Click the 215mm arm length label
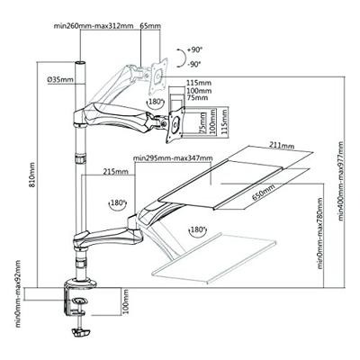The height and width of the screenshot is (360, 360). (x=113, y=170)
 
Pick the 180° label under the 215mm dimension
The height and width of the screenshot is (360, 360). (x=119, y=203)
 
